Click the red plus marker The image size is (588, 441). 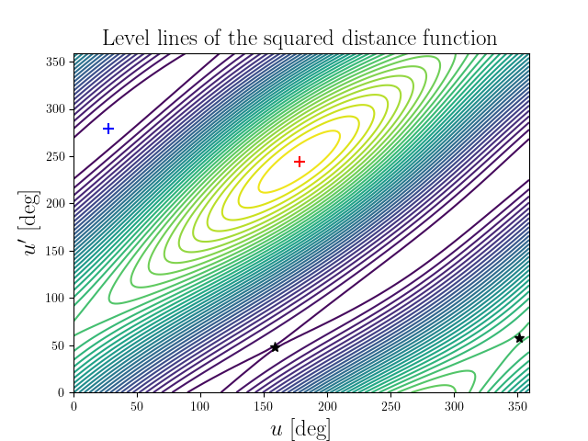coord(299,162)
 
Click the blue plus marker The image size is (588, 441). coord(108,129)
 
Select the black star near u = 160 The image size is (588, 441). coord(275,347)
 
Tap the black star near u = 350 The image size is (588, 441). coord(519,338)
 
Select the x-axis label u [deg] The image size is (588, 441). coord(300,428)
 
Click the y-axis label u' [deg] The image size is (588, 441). coord(32,223)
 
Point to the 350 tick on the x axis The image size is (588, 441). coord(516,405)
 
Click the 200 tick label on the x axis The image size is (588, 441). coord(327,405)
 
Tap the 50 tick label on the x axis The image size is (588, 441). coord(137,405)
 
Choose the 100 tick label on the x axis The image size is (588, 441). coord(200,405)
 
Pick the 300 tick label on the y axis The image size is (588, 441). coord(57,108)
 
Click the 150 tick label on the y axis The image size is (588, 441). coord(57,251)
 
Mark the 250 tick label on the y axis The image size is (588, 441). coord(57,156)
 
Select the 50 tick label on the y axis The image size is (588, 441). coord(61,345)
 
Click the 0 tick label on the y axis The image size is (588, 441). coord(64,392)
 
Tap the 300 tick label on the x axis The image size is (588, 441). coord(454,405)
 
